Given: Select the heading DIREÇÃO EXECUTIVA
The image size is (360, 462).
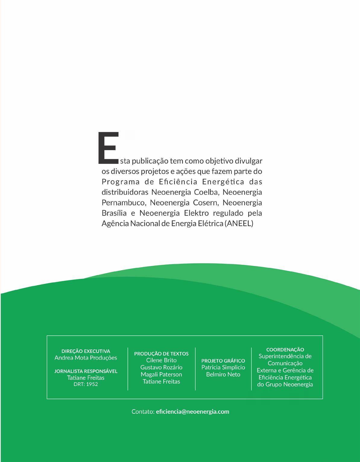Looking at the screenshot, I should pyautogui.click(x=86, y=351).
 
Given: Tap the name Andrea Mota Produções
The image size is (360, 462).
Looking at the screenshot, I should pyautogui.click(x=86, y=358).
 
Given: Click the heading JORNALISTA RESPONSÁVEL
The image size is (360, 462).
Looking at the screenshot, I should pyautogui.click(x=86, y=371).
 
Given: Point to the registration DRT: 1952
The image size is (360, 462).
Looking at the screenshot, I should pyautogui.click(x=86, y=384).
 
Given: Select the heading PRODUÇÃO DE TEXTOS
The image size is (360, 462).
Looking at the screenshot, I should pyautogui.click(x=161, y=353).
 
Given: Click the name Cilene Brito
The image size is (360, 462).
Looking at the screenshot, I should pyautogui.click(x=161, y=360).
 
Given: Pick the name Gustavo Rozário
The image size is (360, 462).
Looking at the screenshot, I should pyautogui.click(x=161, y=367).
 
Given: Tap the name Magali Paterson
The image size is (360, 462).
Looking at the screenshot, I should pyautogui.click(x=161, y=375).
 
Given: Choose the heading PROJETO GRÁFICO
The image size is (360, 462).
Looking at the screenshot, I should pyautogui.click(x=223, y=361).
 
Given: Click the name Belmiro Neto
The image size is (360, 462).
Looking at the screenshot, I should pyautogui.click(x=223, y=375).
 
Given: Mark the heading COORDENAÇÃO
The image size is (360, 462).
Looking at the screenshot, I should pyautogui.click(x=285, y=350).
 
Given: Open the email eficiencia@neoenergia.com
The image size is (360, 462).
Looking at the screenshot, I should pyautogui.click(x=193, y=412).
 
